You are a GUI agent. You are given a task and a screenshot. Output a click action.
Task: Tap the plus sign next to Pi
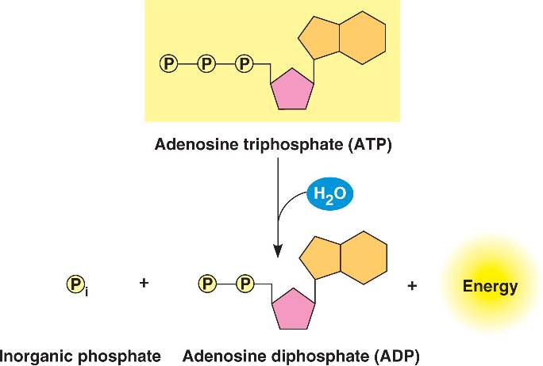[144, 282]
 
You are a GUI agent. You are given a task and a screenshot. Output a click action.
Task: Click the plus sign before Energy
[412, 285]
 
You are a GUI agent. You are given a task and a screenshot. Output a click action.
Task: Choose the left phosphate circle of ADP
[207, 283]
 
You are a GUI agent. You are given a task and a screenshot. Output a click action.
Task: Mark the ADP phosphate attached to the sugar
[245, 283]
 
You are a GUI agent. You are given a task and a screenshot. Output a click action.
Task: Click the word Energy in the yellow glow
[490, 286]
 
